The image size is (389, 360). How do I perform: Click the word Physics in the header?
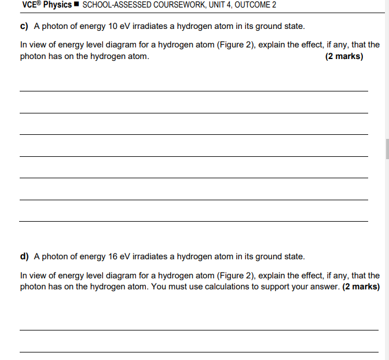pos(58,5)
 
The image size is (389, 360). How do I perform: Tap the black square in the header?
pos(77,5)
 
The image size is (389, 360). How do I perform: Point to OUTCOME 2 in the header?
pos(255,5)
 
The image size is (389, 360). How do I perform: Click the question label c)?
pos(25,27)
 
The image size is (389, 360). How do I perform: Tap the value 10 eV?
pos(119,27)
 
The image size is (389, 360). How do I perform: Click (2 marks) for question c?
pos(344,57)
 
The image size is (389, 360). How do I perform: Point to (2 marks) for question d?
pos(361,286)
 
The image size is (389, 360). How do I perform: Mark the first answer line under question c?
pos(193,91)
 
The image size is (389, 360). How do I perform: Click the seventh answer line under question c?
pos(193,221)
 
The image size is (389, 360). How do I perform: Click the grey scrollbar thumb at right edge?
pos(387,148)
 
